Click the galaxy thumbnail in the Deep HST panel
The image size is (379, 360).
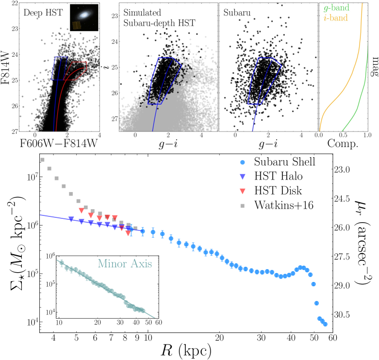[x=84, y=17]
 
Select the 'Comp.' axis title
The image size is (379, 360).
[x=343, y=144]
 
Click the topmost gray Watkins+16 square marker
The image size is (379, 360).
[x=42, y=160]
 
